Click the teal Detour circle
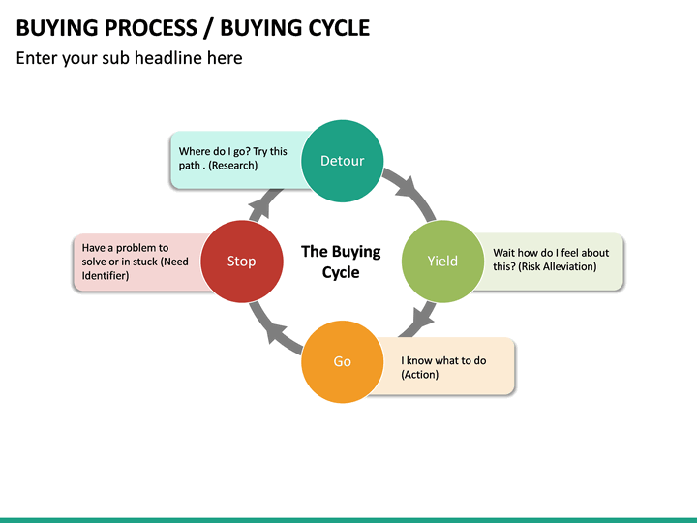tap(342, 161)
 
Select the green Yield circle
tap(442, 261)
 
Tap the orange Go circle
tap(343, 361)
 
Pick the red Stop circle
tap(241, 261)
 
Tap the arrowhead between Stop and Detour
tap(260, 203)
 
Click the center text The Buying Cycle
tap(341, 261)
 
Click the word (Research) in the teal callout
tap(233, 165)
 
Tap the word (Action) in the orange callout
tap(420, 374)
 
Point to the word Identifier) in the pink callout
tap(106, 275)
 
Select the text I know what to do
tap(443, 360)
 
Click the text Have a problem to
tap(125, 248)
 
